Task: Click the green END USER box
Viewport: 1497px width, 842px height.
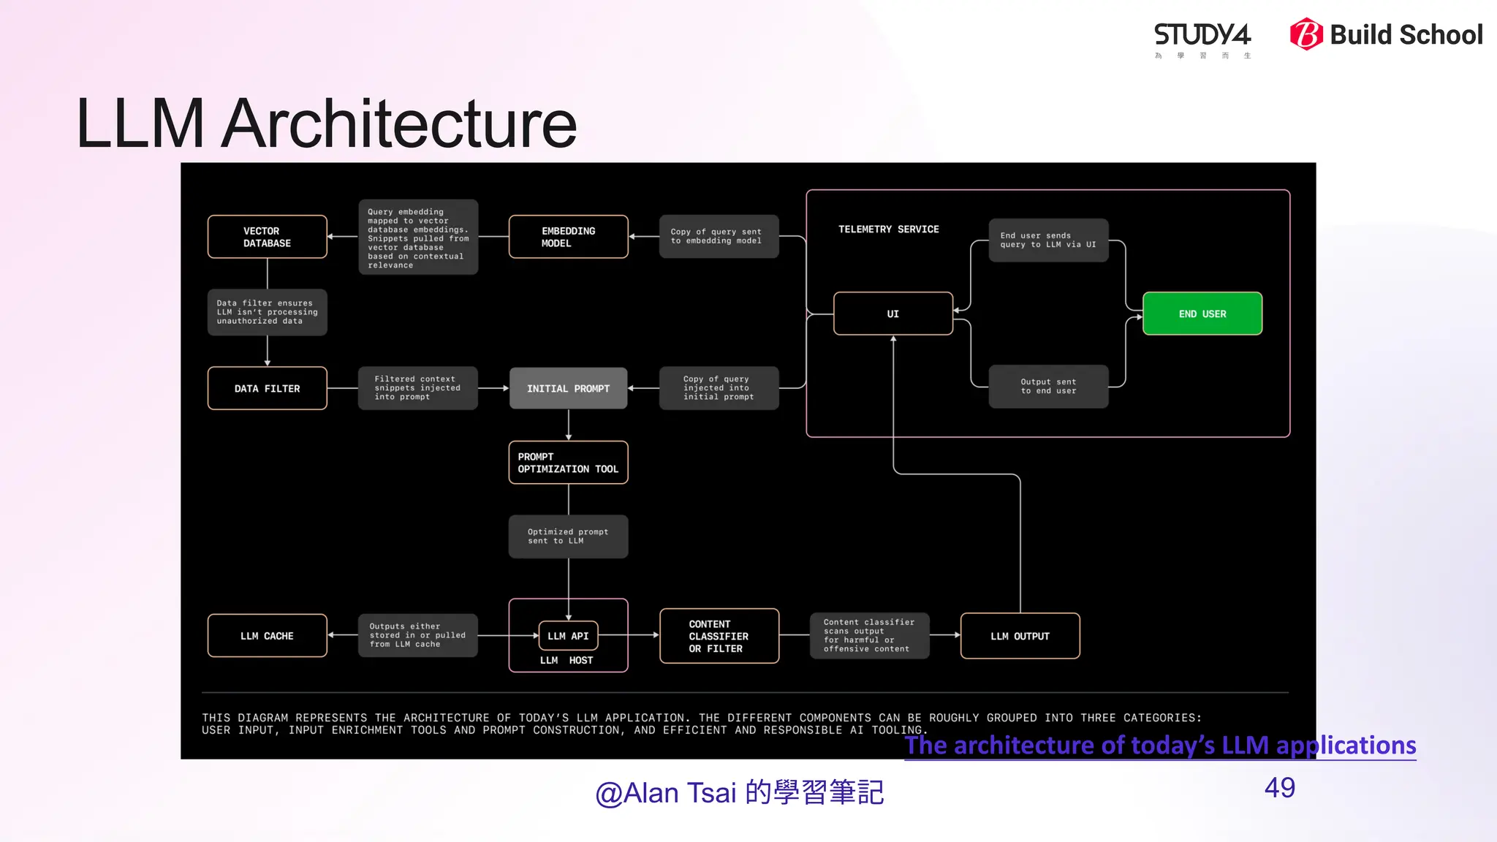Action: pyautogui.click(x=1202, y=314)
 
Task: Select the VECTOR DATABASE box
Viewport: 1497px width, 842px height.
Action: pyautogui.click(x=268, y=237)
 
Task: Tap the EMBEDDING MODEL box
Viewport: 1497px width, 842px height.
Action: pyautogui.click(x=568, y=237)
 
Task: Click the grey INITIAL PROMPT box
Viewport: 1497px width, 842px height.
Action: pyautogui.click(x=568, y=388)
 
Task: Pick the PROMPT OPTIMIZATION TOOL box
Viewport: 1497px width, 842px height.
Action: pyautogui.click(x=568, y=463)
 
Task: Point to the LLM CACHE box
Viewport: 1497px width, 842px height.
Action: pyautogui.click(x=268, y=636)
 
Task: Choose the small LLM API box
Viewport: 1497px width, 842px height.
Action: pyautogui.click(x=568, y=636)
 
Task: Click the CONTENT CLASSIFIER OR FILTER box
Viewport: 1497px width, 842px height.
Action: pyautogui.click(x=719, y=636)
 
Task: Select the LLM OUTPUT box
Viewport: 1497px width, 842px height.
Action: pyautogui.click(x=1020, y=636)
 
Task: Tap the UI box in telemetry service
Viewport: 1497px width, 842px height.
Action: pyautogui.click(x=892, y=314)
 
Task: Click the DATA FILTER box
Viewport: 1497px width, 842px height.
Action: pyautogui.click(x=268, y=388)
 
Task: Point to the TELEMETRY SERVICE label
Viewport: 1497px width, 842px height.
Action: pyautogui.click(x=888, y=230)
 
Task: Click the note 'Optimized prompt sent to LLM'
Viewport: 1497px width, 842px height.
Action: pyautogui.click(x=568, y=536)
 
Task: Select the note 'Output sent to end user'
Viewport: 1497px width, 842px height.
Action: pyautogui.click(x=1048, y=387)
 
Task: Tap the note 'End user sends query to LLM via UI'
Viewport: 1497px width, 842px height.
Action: pyautogui.click(x=1048, y=240)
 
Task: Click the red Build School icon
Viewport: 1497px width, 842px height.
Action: pyautogui.click(x=1306, y=34)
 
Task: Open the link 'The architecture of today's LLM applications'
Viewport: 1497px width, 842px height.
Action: pyautogui.click(x=1160, y=746)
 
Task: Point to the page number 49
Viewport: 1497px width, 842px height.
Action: pyautogui.click(x=1279, y=788)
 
